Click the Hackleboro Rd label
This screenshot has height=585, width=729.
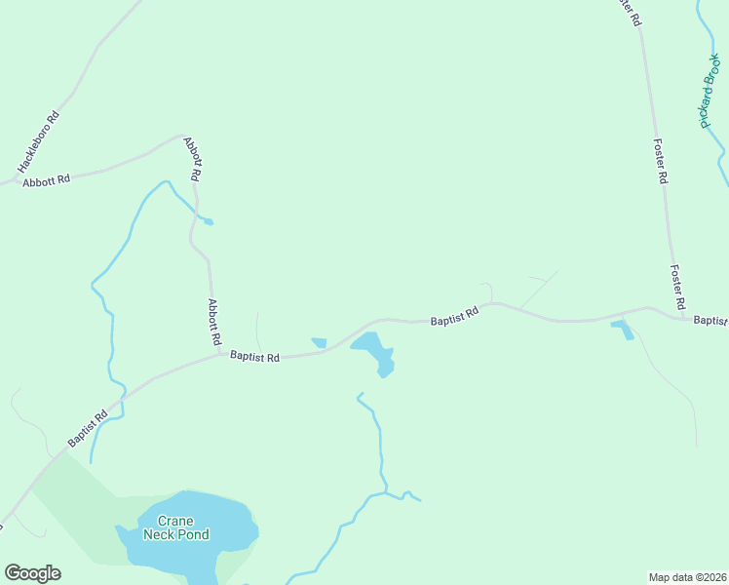point(39,142)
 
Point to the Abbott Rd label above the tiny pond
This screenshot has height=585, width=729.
point(193,159)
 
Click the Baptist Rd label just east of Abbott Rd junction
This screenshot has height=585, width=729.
point(255,358)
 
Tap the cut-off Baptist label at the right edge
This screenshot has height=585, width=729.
point(710,320)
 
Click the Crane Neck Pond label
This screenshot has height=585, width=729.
point(176,527)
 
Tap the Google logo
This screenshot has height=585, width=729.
point(32,573)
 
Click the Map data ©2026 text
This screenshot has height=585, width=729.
point(687,576)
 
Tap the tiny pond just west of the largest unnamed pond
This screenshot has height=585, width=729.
point(319,342)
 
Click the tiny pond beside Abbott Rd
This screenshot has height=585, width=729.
point(207,221)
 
